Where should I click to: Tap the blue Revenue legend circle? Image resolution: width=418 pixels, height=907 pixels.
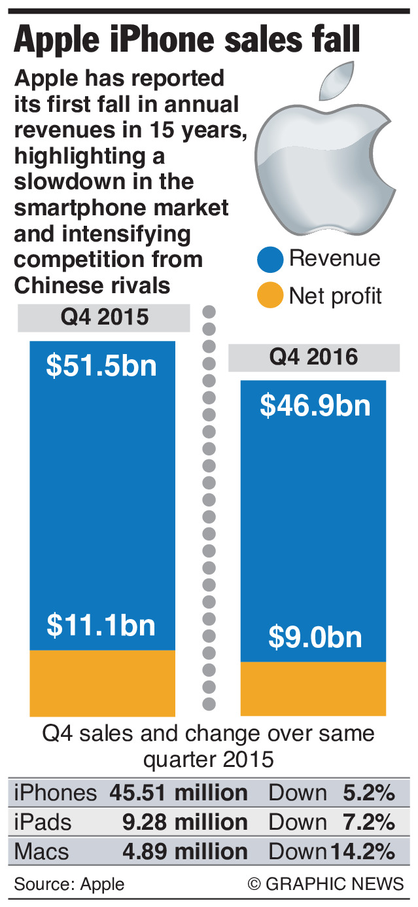point(270,259)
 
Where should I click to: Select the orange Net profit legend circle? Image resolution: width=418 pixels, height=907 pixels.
point(270,296)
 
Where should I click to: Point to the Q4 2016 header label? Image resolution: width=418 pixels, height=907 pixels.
point(314,357)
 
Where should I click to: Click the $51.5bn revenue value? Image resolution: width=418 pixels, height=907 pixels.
point(101,365)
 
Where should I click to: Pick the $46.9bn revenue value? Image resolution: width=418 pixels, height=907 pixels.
point(315,405)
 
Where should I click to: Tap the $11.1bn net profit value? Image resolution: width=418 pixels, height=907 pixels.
point(101,625)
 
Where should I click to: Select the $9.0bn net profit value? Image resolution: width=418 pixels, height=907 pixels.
point(315,637)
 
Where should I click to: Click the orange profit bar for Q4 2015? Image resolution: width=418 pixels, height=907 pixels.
point(102,683)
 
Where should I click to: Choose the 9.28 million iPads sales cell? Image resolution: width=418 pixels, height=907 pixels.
point(185,822)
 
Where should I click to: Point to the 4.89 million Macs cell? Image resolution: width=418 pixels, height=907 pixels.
point(185,851)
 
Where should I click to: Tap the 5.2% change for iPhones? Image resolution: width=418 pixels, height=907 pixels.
point(369,793)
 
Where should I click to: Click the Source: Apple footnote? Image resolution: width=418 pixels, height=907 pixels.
point(69,884)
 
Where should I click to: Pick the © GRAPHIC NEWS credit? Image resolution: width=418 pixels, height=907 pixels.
point(326,884)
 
